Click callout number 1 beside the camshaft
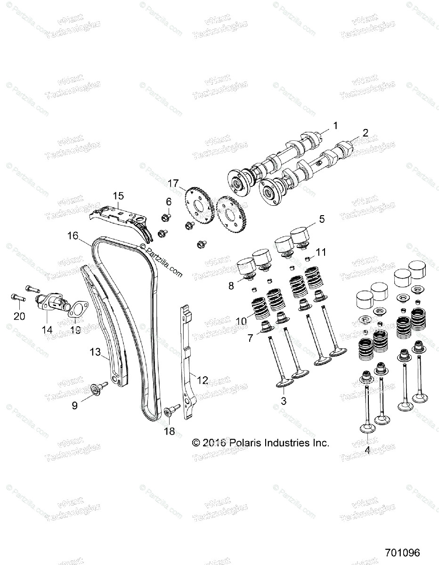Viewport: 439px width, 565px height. point(335,126)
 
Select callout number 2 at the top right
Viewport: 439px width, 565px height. point(365,133)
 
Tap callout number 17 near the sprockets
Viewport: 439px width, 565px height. point(173,183)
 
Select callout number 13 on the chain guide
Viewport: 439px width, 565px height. point(95,352)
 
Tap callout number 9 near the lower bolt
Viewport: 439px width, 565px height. point(74,405)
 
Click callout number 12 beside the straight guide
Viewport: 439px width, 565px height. point(203,380)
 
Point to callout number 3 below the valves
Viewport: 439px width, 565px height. point(284,401)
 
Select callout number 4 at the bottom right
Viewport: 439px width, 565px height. point(368,449)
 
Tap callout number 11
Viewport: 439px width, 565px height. point(321,252)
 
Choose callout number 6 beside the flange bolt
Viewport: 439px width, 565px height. point(155,202)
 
